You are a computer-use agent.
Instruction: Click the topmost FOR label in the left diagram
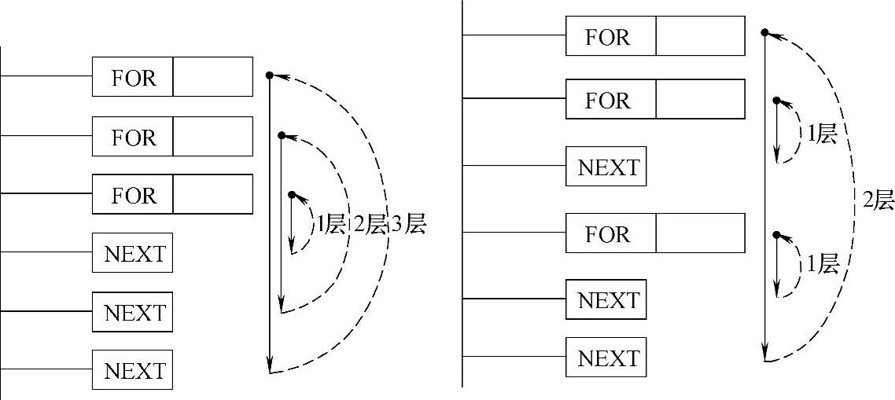click(133, 77)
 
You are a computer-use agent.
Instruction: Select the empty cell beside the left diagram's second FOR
click(212, 136)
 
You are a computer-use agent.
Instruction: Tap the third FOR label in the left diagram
click(133, 194)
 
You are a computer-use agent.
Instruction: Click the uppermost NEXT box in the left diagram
click(133, 253)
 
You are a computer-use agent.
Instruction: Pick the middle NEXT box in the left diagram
click(133, 312)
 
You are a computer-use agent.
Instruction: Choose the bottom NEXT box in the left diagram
click(133, 370)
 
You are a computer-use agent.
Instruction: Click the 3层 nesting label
click(408, 225)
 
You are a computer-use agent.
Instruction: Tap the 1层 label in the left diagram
click(330, 225)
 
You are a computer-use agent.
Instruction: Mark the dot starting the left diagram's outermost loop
click(269, 75)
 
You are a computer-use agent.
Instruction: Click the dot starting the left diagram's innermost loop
click(291, 194)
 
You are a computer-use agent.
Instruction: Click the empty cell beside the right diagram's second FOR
click(700, 100)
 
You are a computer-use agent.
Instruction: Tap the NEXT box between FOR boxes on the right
click(606, 167)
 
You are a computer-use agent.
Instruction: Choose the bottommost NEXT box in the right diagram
click(606, 358)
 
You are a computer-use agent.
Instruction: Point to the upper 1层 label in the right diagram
click(822, 134)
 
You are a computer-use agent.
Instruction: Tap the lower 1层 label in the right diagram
click(822, 264)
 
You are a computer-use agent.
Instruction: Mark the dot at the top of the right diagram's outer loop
click(764, 32)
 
